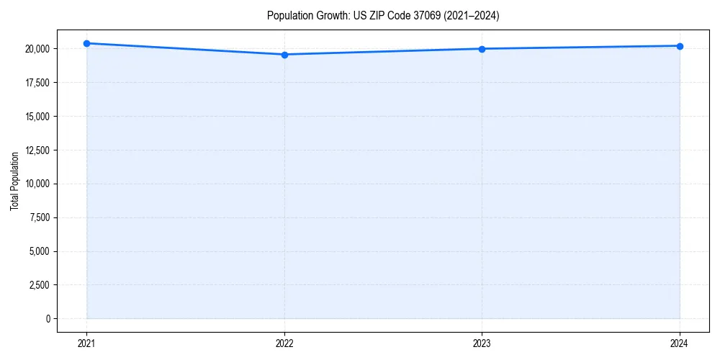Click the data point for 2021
pos(86,43)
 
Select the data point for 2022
pos(284,55)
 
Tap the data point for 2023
pos(482,49)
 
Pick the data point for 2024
pos(680,46)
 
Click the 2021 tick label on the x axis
pos(86,343)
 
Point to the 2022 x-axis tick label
pos(284,343)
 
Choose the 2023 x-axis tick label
pos(482,343)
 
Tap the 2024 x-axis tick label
pos(680,343)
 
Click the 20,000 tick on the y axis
pos(37,49)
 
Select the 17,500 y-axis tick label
pos(37,83)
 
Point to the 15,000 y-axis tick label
pos(37,117)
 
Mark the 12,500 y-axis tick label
pos(37,150)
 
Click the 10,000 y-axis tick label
pos(37,184)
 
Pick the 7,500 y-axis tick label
pos(40,217)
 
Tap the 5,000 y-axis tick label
pos(40,251)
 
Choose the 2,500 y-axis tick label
pos(40,285)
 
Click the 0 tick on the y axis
pos(48,319)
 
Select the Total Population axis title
pos(14,181)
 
